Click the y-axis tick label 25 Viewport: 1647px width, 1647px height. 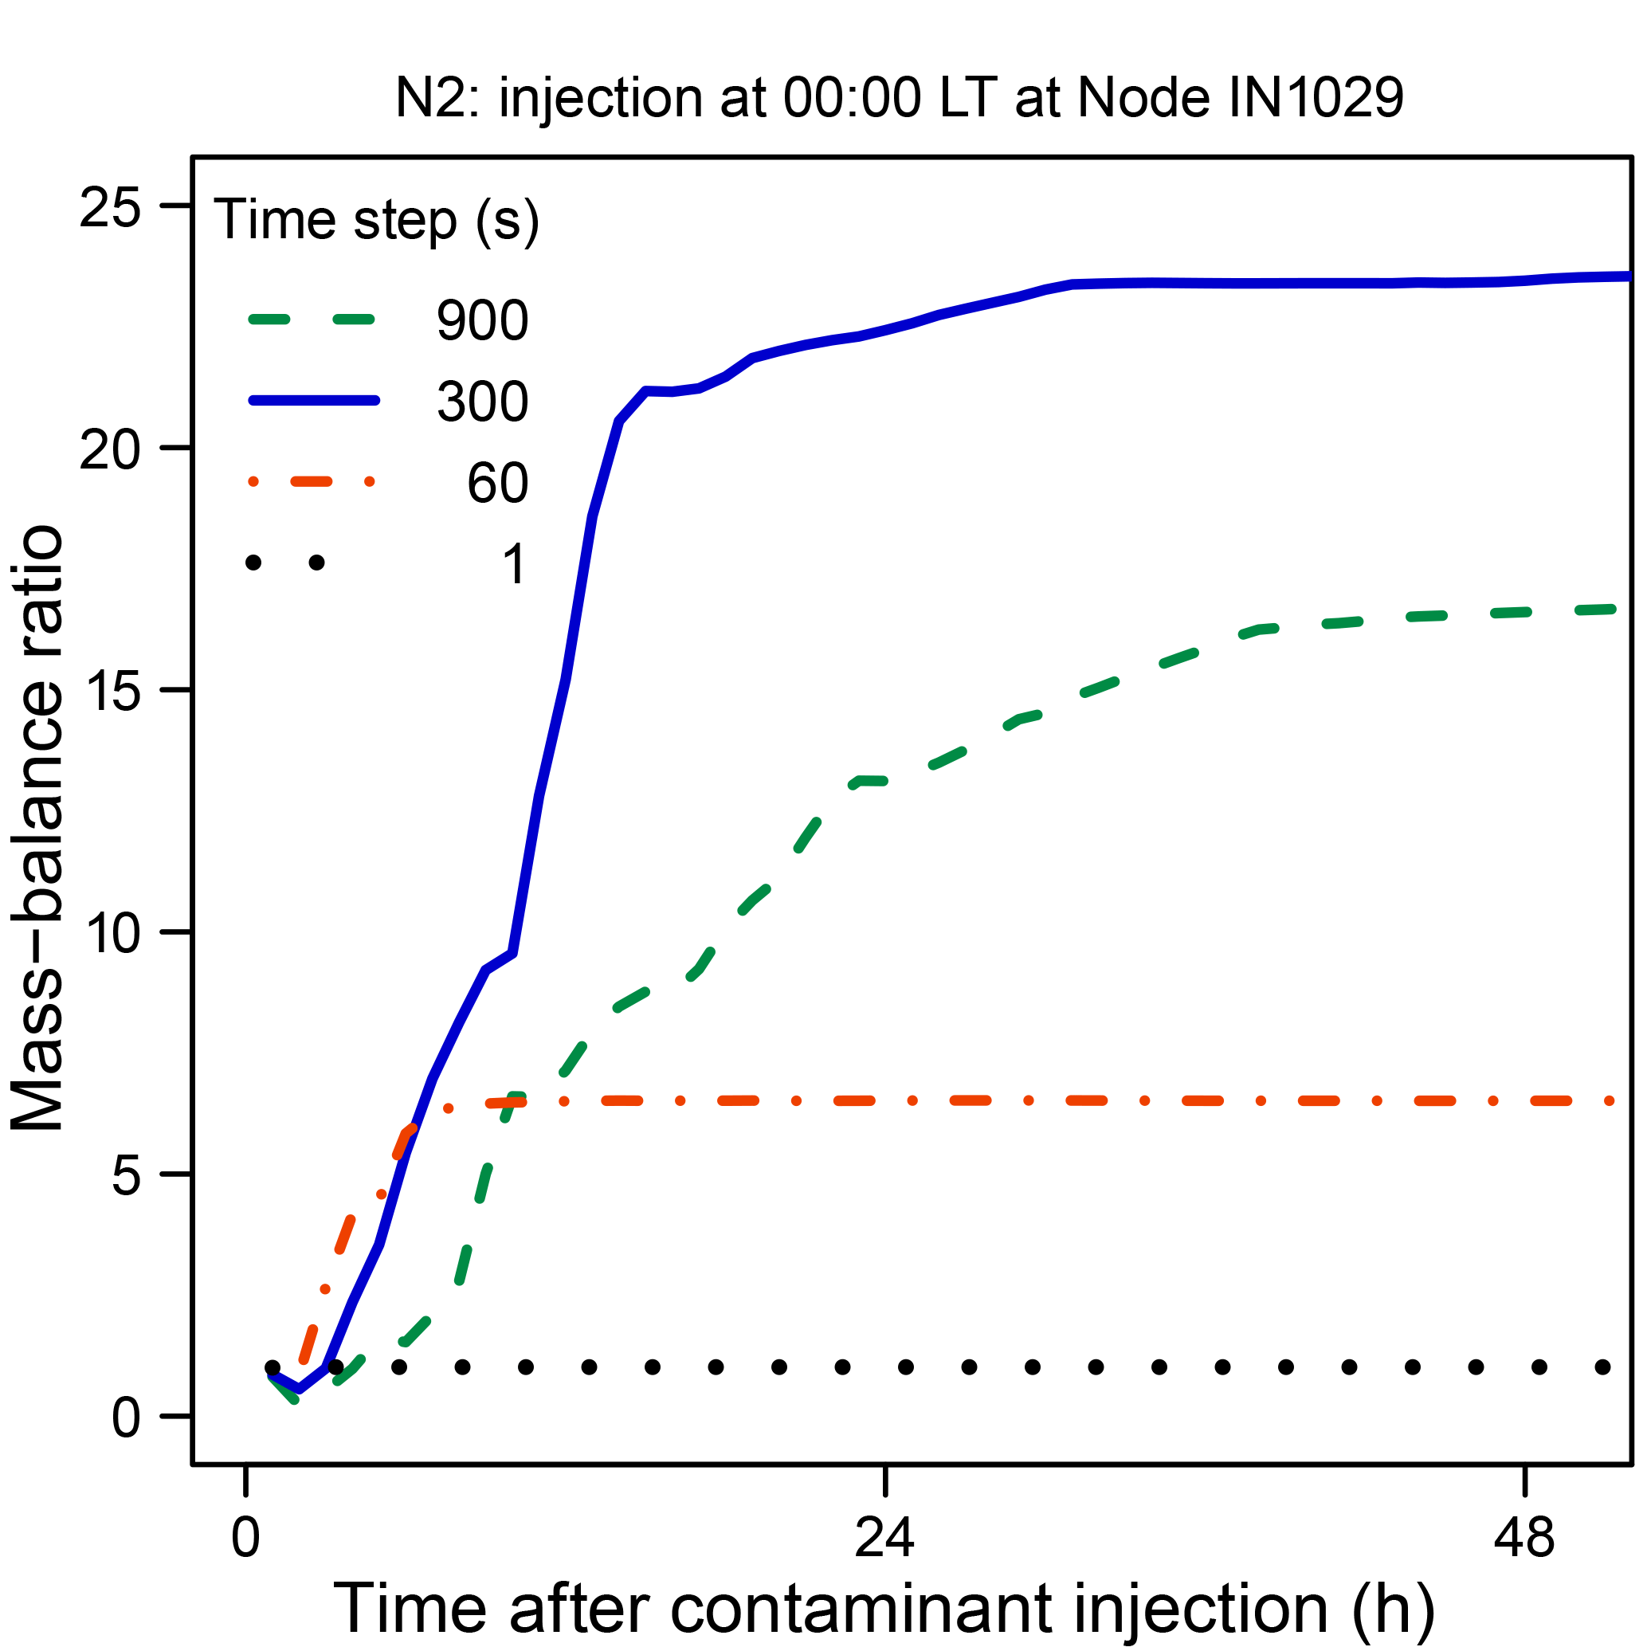[x=109, y=207]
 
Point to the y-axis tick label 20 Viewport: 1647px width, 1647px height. [x=109, y=449]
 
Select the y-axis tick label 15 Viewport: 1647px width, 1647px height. [x=109, y=692]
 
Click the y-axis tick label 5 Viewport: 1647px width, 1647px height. [x=125, y=1176]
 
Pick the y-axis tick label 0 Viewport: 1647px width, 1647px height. [x=125, y=1418]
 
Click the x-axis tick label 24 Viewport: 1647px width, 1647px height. [x=885, y=1539]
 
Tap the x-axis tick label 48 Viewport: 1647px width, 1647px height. [x=1524, y=1539]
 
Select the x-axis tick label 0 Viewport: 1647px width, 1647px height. [x=245, y=1539]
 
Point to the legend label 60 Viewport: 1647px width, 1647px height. [x=498, y=484]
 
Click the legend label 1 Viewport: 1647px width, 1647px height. [x=514, y=564]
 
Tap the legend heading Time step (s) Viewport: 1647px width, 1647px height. [x=376, y=220]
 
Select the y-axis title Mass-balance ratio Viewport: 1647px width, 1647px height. [x=38, y=827]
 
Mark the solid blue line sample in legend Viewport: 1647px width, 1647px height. [x=313, y=401]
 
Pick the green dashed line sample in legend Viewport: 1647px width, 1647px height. [x=313, y=320]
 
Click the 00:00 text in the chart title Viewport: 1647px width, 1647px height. [x=853, y=98]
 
